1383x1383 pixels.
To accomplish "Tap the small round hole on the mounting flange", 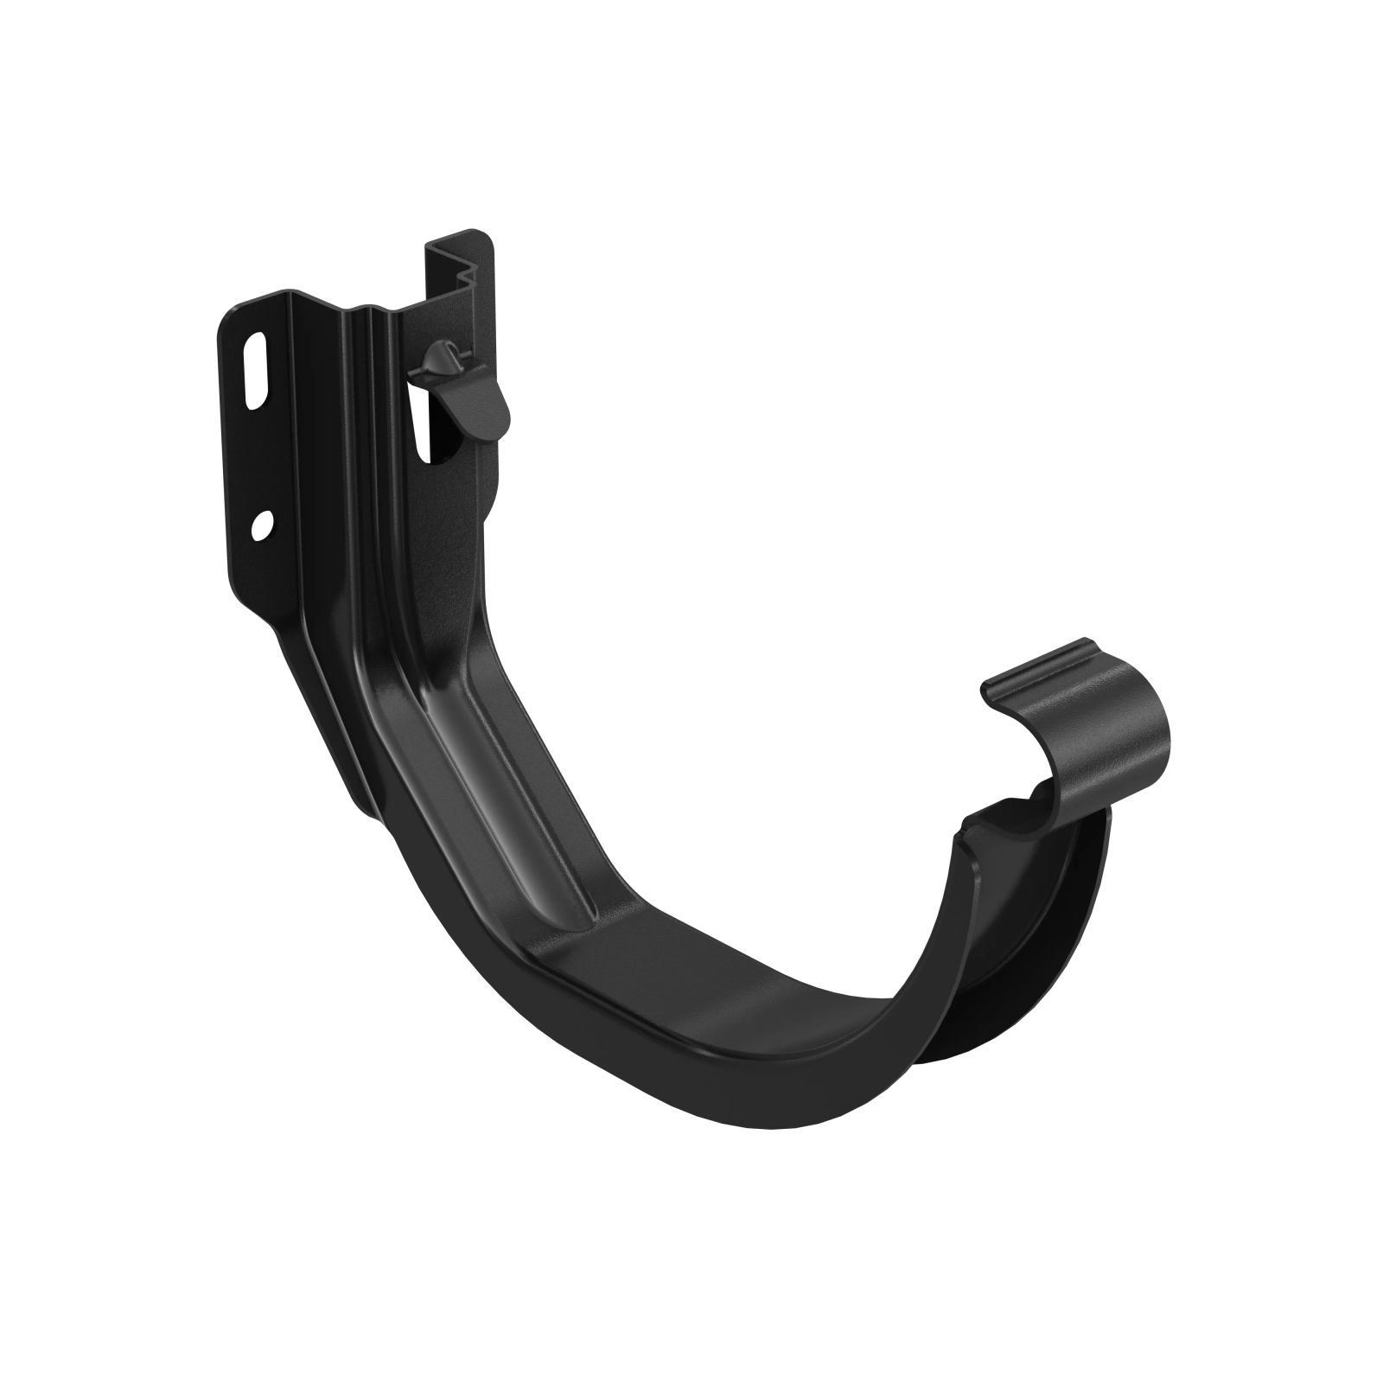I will pyautogui.click(x=264, y=526).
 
